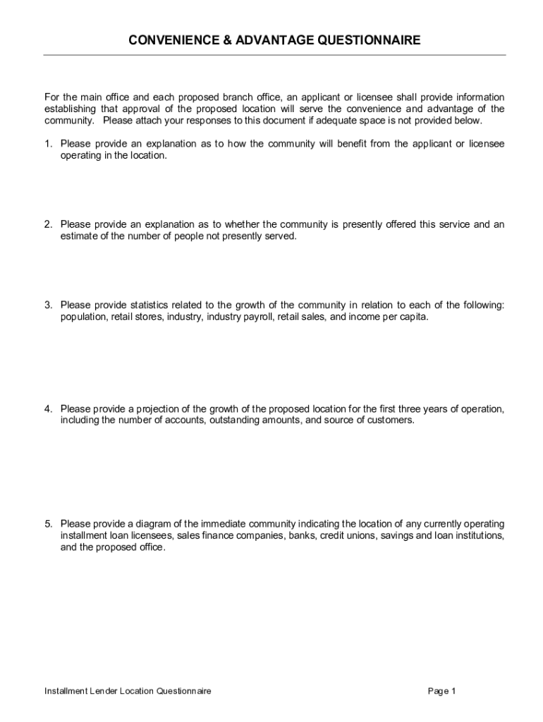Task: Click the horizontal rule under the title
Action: coord(274,55)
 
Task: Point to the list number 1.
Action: coord(48,144)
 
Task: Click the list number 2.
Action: coord(48,225)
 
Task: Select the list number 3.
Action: coord(48,305)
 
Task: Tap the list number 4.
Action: coord(48,409)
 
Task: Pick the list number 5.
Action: coord(48,524)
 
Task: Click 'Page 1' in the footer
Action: coord(441,691)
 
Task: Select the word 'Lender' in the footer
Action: coord(102,691)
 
